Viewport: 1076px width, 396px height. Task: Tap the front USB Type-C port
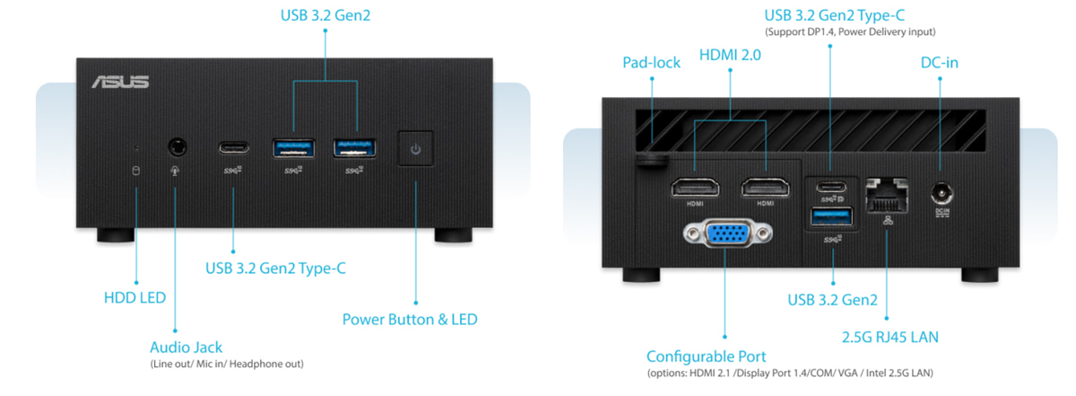pyautogui.click(x=232, y=145)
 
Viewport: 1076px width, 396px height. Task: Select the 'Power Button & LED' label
pyautogui.click(x=410, y=319)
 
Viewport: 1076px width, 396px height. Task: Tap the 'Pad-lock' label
pyautogui.click(x=652, y=63)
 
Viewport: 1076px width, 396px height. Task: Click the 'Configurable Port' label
pyautogui.click(x=707, y=356)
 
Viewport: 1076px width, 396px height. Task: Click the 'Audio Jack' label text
pyautogui.click(x=186, y=347)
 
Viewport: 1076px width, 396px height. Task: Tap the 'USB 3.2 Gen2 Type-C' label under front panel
pyautogui.click(x=275, y=268)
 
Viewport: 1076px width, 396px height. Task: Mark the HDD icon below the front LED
pyautogui.click(x=136, y=171)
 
